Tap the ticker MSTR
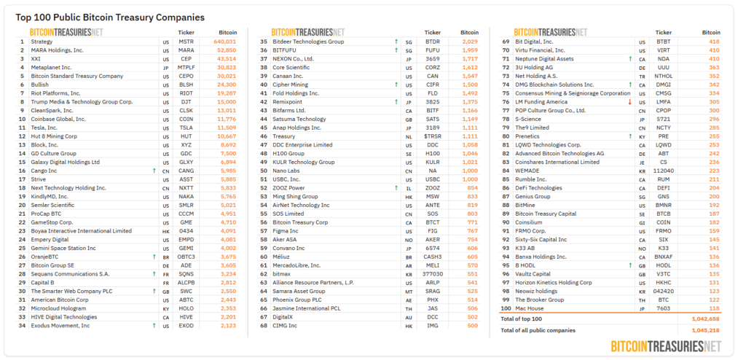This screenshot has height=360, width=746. [186, 42]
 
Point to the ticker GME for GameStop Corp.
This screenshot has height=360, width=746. [186, 222]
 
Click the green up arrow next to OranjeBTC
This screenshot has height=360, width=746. [154, 257]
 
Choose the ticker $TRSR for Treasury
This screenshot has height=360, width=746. [432, 136]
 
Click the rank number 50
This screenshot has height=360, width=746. [263, 170]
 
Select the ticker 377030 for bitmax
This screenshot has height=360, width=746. [432, 273]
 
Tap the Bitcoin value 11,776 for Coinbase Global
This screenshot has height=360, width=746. [227, 119]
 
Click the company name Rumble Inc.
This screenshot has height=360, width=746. [531, 179]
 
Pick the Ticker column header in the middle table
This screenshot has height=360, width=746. [433, 33]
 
